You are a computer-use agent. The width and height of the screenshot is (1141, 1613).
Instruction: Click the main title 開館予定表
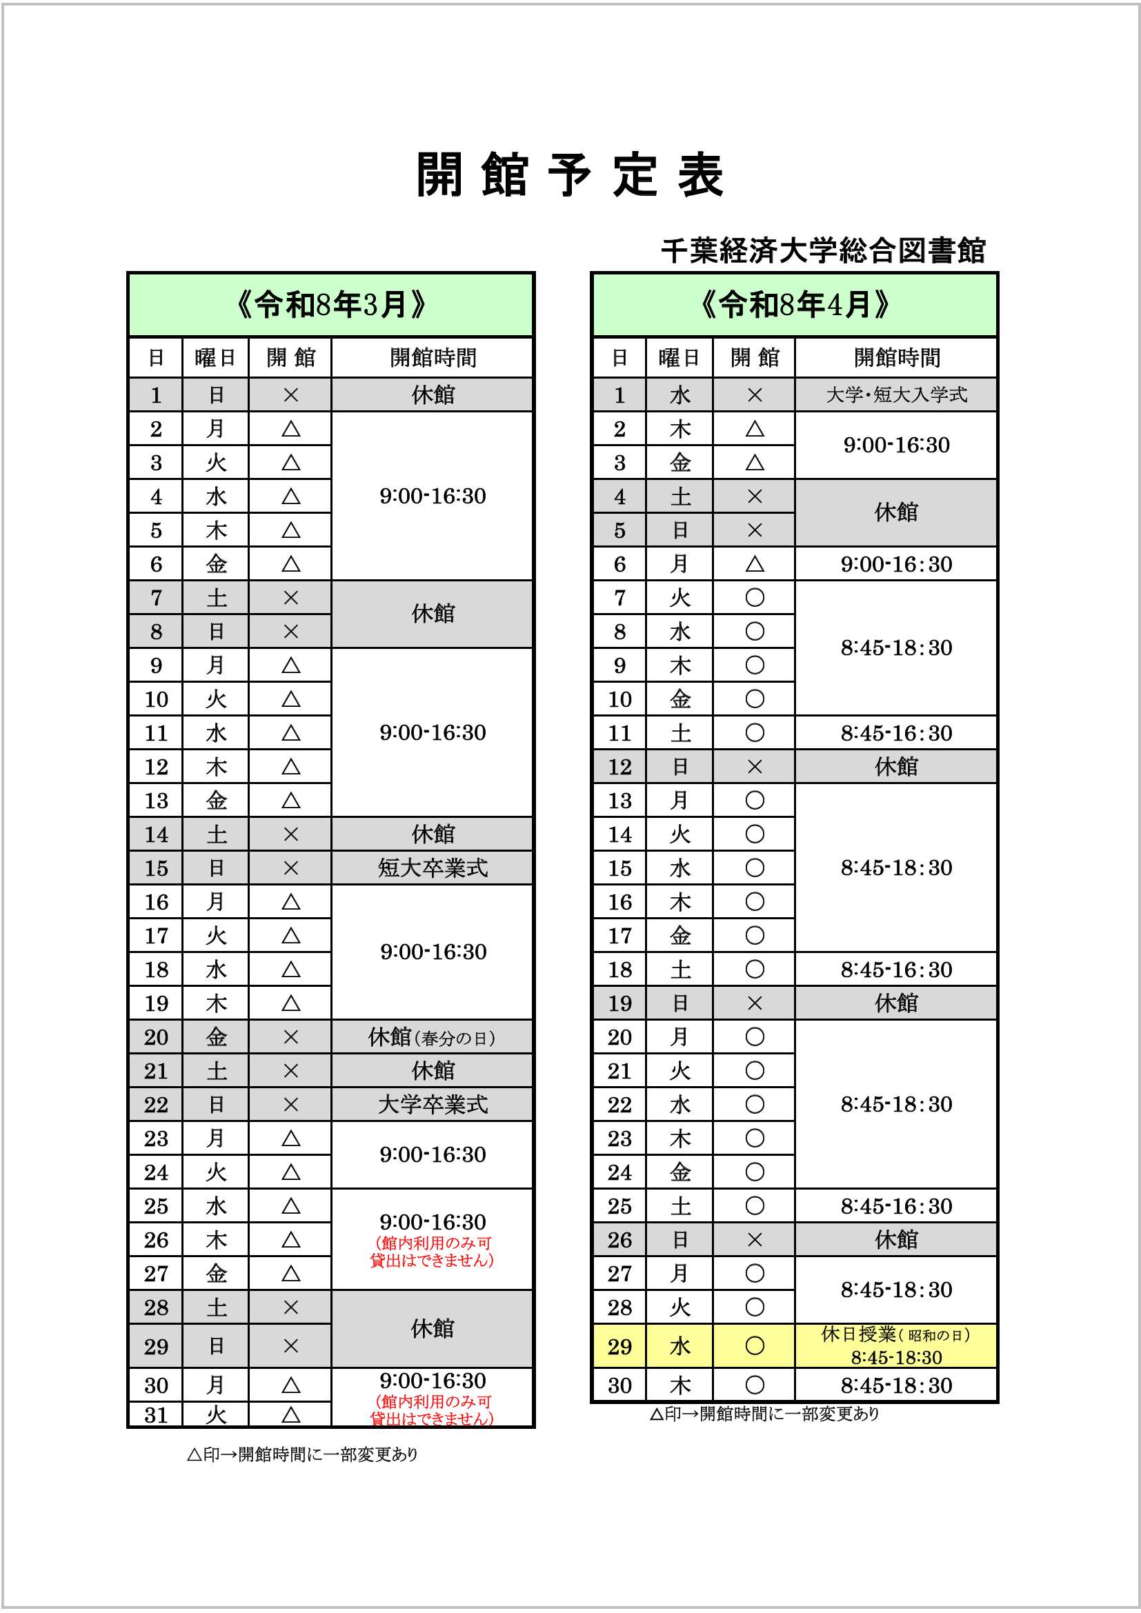570,175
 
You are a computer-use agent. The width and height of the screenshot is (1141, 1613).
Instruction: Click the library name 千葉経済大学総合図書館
823,251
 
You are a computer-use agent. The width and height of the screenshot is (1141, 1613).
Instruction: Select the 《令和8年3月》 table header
331,305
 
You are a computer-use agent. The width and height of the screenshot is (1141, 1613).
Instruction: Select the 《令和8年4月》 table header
795,305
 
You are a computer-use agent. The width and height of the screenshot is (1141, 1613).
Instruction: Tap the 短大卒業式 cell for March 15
433,868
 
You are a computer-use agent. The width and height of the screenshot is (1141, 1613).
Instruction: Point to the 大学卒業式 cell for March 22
433,1104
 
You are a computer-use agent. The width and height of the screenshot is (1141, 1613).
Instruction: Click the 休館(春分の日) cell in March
433,1038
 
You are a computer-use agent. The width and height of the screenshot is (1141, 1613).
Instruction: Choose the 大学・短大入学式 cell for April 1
896,395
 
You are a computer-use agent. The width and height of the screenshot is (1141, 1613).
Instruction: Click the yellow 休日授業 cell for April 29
896,1345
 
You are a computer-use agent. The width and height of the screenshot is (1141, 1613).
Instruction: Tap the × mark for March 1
291,396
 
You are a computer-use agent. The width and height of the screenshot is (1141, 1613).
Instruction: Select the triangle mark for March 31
291,1415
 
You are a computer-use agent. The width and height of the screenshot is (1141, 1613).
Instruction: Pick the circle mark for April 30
755,1385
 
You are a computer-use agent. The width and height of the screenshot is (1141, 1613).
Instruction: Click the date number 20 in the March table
156,1038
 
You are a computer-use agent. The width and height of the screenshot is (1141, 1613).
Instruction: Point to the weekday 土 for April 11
679,734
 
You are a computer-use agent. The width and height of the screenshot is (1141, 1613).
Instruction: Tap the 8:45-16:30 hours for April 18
896,970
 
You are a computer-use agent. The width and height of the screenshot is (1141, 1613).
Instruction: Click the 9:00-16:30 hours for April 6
896,564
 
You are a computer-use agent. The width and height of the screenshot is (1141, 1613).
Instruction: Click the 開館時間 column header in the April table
896,358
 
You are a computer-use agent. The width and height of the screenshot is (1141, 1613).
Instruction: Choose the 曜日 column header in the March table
216,358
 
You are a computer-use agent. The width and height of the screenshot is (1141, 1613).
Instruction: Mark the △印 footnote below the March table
303,1454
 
